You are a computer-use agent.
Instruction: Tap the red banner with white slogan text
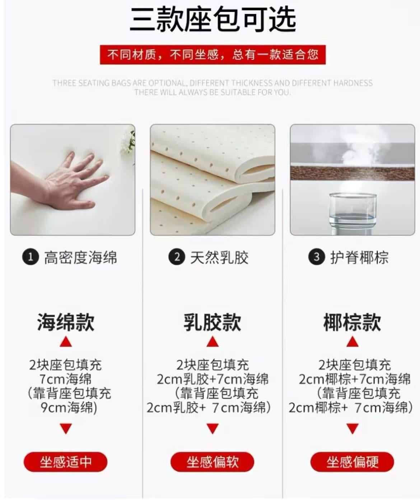point(213,55)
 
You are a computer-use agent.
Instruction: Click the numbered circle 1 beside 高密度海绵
point(31,257)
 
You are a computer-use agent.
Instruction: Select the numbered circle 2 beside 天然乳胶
point(177,257)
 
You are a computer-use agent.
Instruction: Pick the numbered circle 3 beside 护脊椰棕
point(316,257)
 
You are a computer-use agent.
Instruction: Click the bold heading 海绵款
point(66,322)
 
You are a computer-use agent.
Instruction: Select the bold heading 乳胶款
point(213,322)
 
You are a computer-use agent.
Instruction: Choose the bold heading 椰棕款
point(352,322)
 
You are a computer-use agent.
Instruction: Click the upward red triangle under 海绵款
point(66,342)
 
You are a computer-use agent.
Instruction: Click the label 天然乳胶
point(219,258)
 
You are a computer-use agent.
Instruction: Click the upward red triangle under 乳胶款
point(213,342)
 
